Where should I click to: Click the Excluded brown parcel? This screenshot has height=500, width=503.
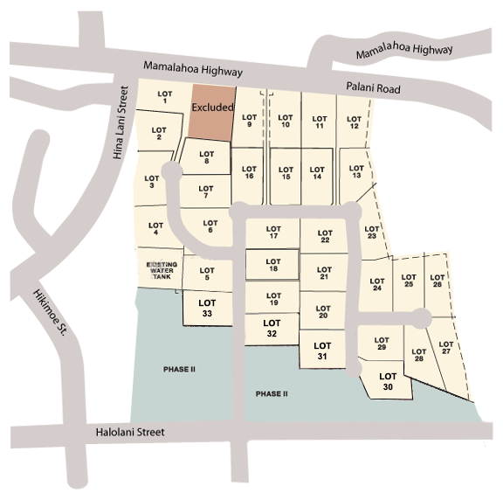211,110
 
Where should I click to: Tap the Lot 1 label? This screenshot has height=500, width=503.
162,98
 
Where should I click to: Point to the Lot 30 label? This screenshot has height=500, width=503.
388,380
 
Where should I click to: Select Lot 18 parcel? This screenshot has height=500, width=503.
273,265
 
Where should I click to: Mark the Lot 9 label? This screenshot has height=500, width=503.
249,120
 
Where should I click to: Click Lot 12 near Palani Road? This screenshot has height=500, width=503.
354,122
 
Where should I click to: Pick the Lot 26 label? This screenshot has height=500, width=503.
437,281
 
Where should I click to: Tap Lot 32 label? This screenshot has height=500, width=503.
272,328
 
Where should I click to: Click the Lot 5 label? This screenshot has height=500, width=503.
206,274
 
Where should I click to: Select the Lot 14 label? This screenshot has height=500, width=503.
317,173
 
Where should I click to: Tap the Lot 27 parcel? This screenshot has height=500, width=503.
446,355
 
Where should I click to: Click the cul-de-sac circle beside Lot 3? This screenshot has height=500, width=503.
170,173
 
